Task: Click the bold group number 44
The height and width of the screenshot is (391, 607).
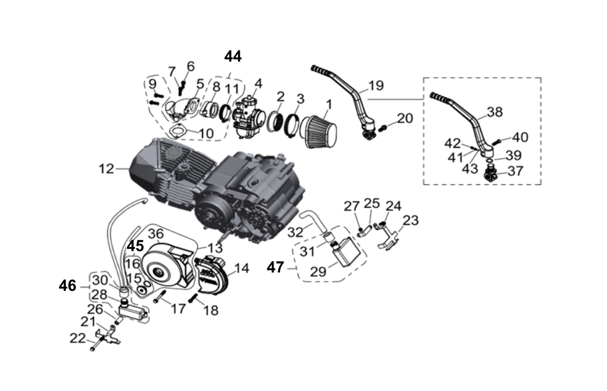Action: point(233,56)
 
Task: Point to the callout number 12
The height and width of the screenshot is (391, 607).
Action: point(107,169)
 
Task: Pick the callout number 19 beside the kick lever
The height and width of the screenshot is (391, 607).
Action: point(375,85)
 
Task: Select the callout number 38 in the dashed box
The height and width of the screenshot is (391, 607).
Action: point(494,111)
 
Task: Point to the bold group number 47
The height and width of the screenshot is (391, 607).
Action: point(275,267)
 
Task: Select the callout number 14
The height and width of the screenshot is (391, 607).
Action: point(242,268)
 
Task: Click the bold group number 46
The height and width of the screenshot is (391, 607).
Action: point(68,286)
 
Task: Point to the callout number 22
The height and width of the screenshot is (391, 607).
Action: point(77,338)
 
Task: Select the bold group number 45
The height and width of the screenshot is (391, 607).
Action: point(135,245)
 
